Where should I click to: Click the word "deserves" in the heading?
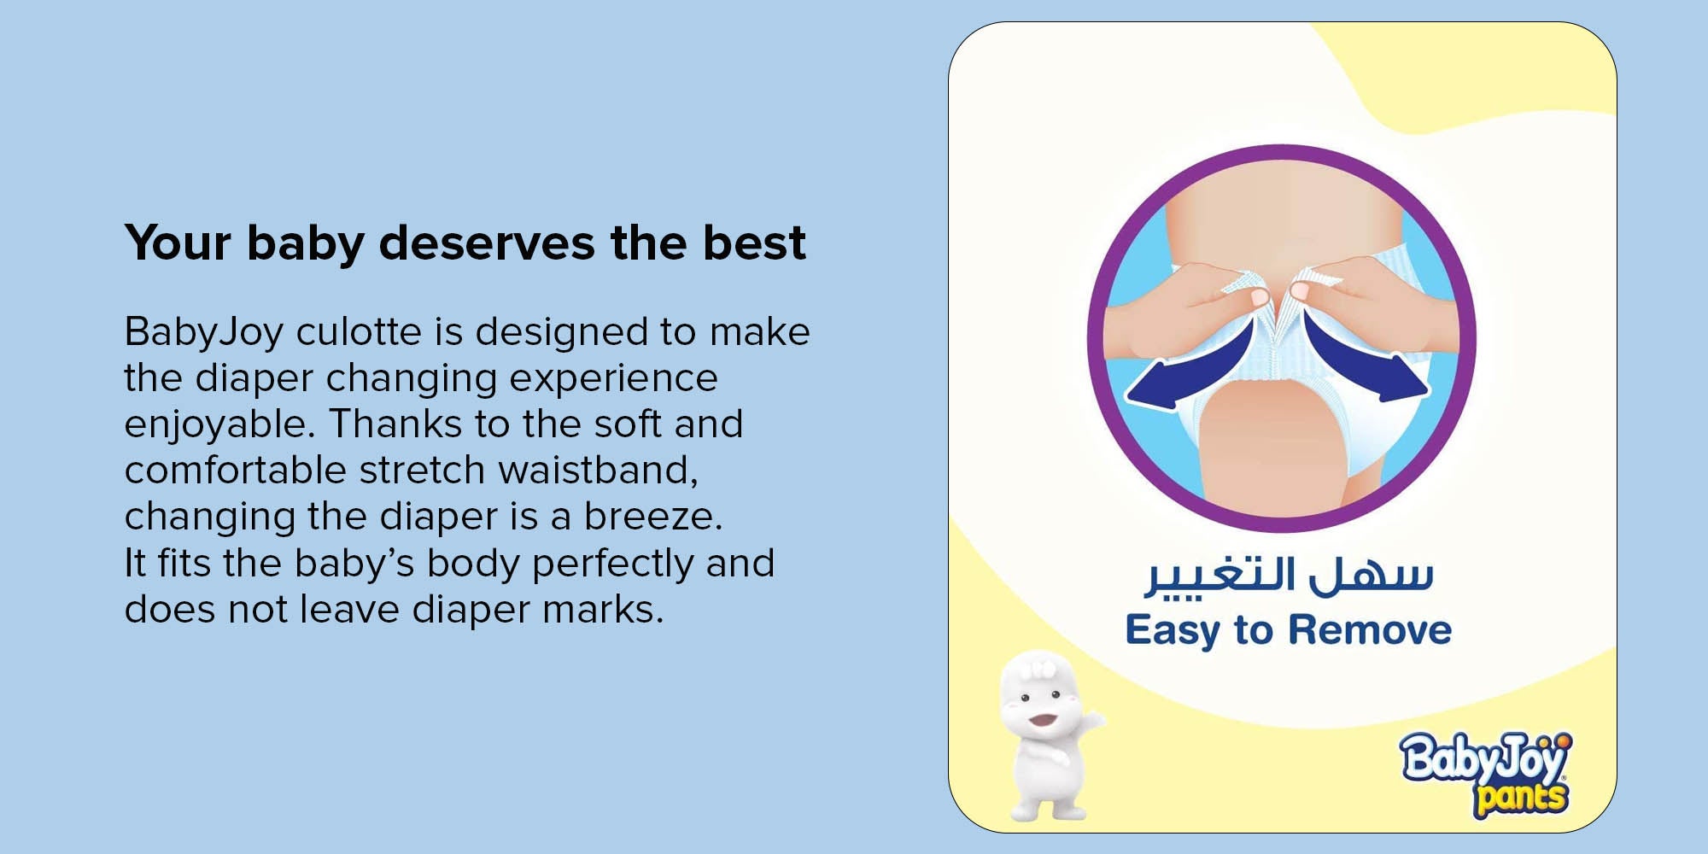[x=487, y=243]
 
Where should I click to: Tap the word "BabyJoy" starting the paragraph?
[x=204, y=333]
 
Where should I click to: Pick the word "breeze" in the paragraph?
[x=652, y=517]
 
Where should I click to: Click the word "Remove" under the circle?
[x=1370, y=630]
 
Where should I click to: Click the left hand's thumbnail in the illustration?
[x=1259, y=296]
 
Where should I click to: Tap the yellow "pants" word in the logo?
[x=1521, y=798]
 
